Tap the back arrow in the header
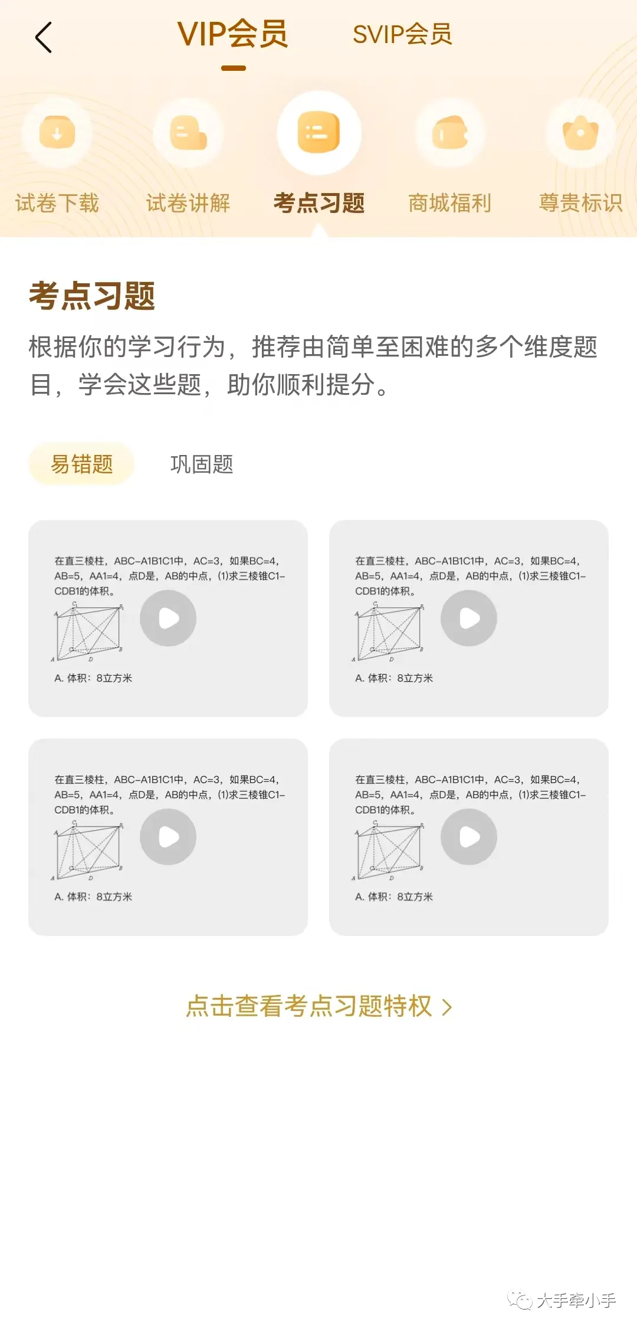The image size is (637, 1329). tap(44, 37)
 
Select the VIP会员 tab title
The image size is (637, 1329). tap(233, 34)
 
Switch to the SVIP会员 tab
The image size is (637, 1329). tap(402, 34)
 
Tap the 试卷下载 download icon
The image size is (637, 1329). tap(57, 132)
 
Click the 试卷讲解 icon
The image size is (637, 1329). tap(188, 132)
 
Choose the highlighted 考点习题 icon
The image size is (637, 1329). tap(319, 132)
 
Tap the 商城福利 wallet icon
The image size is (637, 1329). tap(450, 132)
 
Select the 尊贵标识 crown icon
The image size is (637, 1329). tap(581, 132)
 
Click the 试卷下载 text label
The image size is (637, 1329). tap(57, 203)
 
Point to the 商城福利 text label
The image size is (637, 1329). tap(450, 203)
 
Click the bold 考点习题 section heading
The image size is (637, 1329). tap(92, 296)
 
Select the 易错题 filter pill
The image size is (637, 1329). tap(81, 464)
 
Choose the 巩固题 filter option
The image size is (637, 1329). tap(202, 464)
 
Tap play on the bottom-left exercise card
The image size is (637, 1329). tap(168, 837)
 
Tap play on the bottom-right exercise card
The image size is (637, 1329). tap(469, 837)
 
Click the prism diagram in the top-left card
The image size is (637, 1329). tap(88, 631)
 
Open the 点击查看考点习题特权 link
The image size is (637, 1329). tap(319, 1006)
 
